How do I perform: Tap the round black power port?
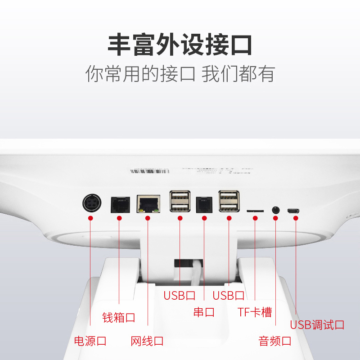[x=91, y=203]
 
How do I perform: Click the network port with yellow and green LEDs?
[x=148, y=204]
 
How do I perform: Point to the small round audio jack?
[x=275, y=210]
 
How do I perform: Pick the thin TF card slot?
[x=255, y=210]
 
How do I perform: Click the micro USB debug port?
[x=294, y=210]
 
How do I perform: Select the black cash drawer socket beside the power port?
[x=120, y=204]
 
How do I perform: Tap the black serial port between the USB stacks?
[x=204, y=204]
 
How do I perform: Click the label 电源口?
[x=90, y=341]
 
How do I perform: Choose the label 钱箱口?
[x=119, y=317]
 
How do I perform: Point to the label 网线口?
[x=147, y=341]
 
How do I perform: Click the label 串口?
[x=204, y=312]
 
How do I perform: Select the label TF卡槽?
[x=255, y=312]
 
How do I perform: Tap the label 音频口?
[x=275, y=341]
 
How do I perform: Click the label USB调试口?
[x=317, y=324]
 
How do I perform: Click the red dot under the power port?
[x=90, y=218]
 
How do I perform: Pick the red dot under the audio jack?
[x=275, y=218]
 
